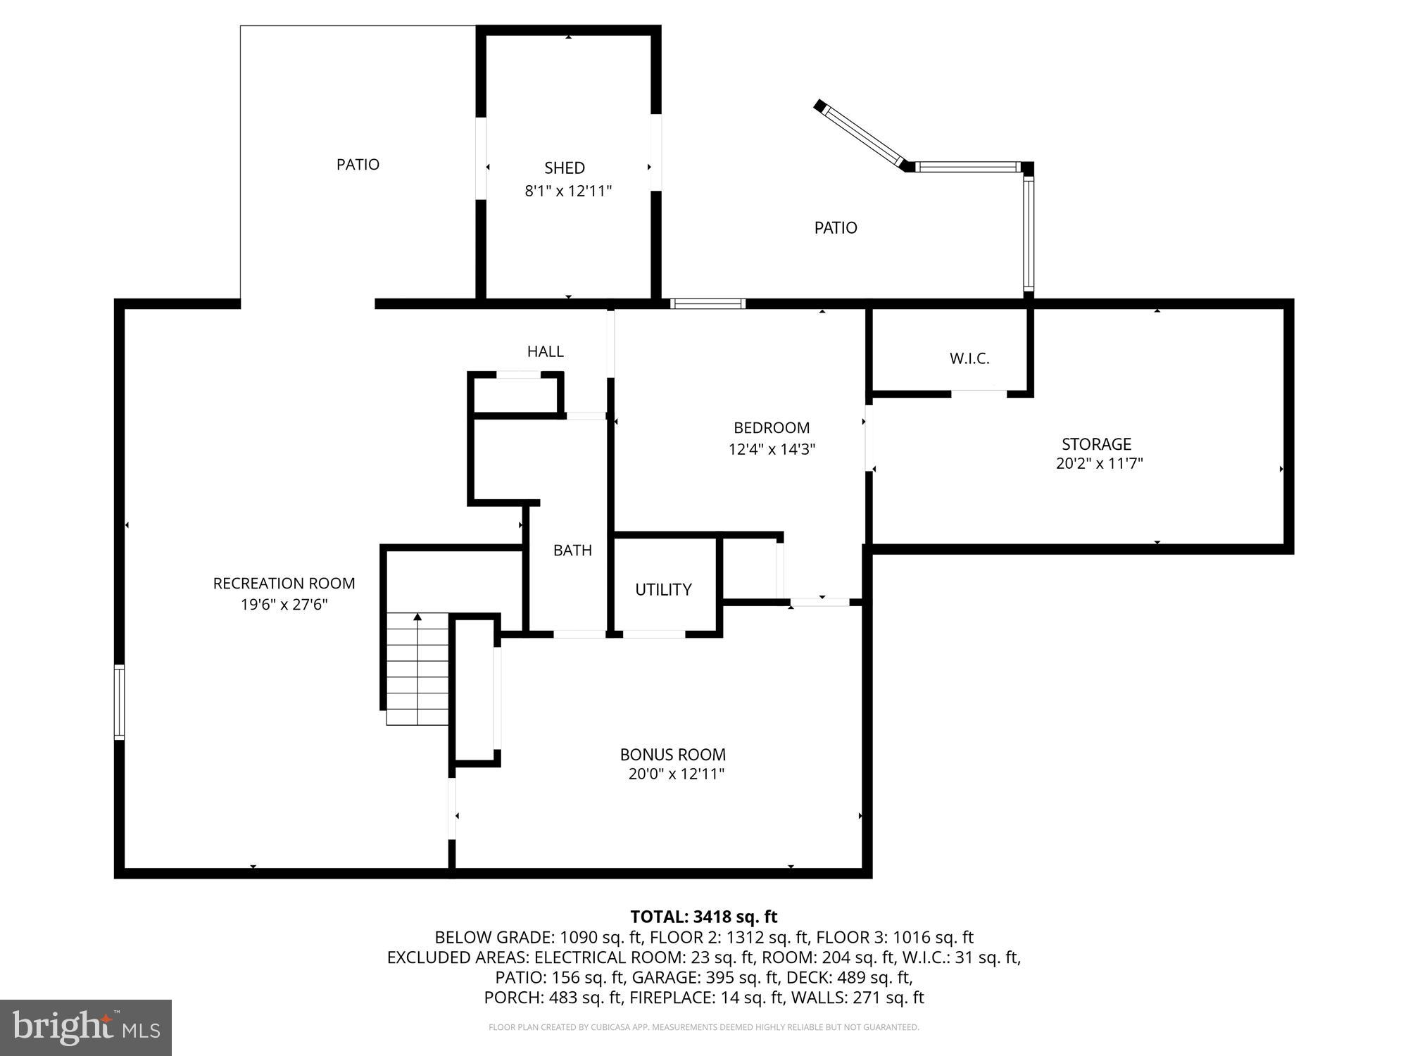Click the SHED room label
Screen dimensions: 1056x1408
(564, 168)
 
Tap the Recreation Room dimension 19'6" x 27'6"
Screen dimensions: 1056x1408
(284, 604)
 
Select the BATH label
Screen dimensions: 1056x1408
(572, 551)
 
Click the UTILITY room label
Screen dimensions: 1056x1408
(663, 589)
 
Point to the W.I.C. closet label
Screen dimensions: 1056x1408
(969, 358)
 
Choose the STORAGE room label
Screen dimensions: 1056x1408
(1096, 444)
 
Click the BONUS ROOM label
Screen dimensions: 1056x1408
(672, 755)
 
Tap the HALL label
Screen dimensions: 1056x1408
(545, 351)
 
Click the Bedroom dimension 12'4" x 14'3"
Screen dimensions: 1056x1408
(772, 449)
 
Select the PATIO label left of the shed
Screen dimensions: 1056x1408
(358, 165)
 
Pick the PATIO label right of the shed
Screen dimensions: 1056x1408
(836, 228)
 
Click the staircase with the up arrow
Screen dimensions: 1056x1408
(417, 669)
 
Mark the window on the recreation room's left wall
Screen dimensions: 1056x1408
(120, 702)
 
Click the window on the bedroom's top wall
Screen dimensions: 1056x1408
(708, 303)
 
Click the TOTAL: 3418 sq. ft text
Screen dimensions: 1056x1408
(703, 917)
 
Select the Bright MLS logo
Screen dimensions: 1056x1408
(86, 1027)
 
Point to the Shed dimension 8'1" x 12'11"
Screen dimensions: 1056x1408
(568, 191)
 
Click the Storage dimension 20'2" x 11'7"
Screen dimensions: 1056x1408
(1099, 464)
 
